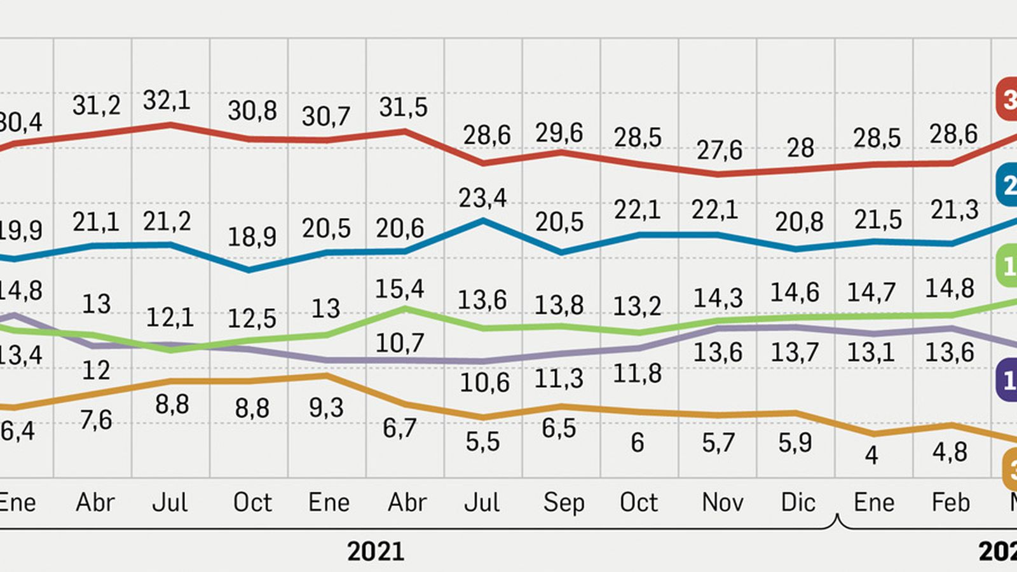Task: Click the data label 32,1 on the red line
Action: (167, 100)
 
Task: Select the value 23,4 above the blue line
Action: (482, 198)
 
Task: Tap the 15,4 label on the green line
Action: (399, 289)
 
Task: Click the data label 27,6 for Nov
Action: (719, 150)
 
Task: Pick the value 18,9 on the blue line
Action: (252, 237)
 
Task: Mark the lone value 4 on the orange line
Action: (871, 455)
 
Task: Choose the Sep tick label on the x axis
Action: (563, 503)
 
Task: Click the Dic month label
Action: (798, 503)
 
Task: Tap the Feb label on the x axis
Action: (950, 503)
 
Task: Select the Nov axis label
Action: (722, 503)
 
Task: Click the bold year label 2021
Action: (376, 551)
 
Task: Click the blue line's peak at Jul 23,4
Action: (483, 221)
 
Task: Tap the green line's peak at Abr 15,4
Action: (405, 308)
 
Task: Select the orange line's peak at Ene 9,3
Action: (327, 376)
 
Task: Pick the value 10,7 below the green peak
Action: (399, 343)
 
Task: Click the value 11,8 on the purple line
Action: (638, 373)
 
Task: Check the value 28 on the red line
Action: (800, 148)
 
